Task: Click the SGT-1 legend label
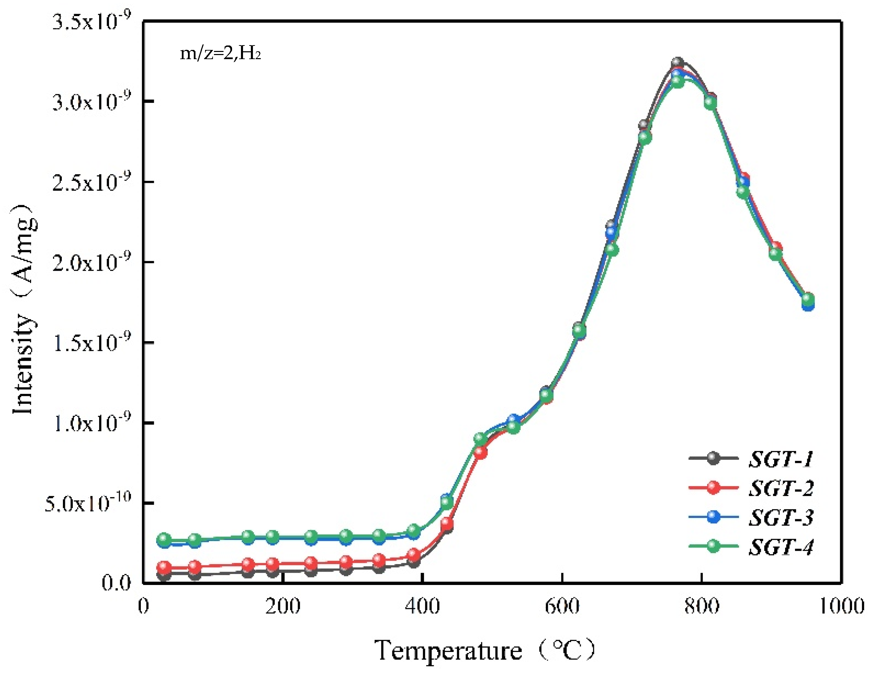(781, 458)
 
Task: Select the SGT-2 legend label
(781, 488)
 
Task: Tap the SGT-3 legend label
(781, 517)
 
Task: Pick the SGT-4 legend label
(781, 546)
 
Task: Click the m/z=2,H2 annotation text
(220, 53)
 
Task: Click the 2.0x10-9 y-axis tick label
(92, 263)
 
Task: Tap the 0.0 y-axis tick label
(116, 583)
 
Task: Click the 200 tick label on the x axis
(283, 606)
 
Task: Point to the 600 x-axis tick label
(562, 606)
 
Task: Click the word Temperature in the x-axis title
(448, 651)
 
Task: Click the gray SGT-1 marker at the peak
(677, 63)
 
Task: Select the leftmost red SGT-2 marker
(164, 567)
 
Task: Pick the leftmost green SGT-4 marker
(164, 539)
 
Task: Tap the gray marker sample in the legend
(713, 458)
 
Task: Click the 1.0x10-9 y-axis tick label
(92, 423)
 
